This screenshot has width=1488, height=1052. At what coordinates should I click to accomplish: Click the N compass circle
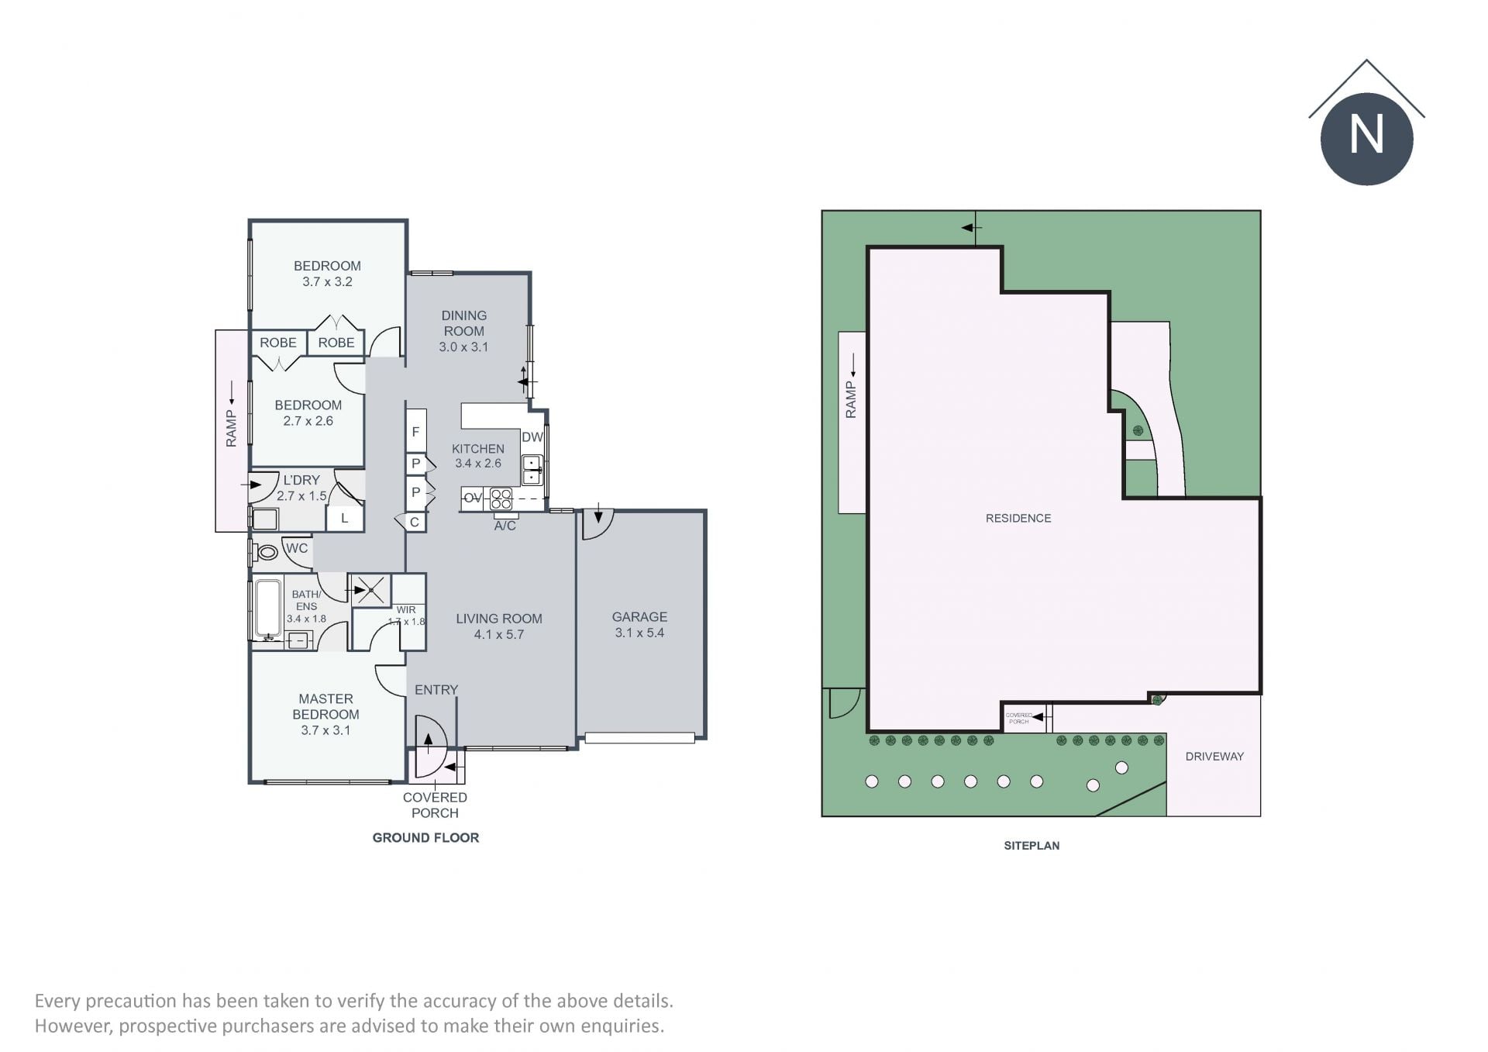point(1366,139)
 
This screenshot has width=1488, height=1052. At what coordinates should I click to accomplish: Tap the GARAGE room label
point(639,617)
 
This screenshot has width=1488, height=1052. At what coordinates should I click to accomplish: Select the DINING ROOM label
point(464,323)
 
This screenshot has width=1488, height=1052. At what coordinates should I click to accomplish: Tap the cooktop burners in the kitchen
point(501,498)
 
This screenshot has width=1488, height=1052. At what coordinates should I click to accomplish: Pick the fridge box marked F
point(416,431)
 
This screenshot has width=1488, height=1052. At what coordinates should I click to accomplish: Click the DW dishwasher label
point(532,437)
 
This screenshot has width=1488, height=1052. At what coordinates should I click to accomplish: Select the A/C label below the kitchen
point(505,526)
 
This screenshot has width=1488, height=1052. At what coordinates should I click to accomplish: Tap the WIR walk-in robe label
point(406,610)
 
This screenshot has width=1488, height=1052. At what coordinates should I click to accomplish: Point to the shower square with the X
point(370,591)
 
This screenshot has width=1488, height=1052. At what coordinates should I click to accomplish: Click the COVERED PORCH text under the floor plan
point(435,805)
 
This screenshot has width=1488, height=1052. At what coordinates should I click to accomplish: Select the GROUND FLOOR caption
point(425,837)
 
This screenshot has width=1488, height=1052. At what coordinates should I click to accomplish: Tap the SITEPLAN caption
point(1032,846)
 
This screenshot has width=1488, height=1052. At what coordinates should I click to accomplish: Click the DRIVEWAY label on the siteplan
point(1214,757)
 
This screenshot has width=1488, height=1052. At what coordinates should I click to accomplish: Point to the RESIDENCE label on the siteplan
point(1018,518)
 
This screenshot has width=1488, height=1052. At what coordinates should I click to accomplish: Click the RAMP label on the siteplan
point(851,399)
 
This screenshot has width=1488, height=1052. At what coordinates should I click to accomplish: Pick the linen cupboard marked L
point(345,518)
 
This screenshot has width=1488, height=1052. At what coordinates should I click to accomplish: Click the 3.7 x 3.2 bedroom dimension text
point(327,281)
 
